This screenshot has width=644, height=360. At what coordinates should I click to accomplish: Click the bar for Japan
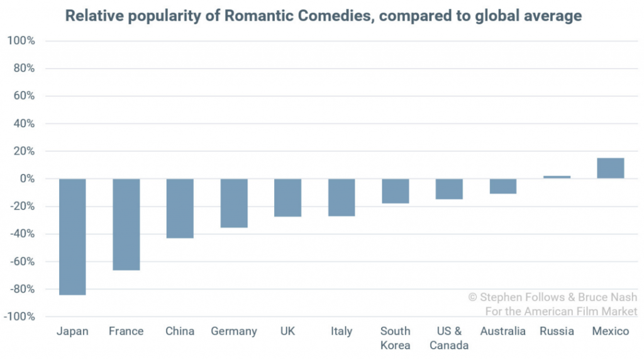[72, 237]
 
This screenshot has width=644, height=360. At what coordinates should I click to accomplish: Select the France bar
[126, 225]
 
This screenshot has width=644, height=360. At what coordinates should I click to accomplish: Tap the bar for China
[180, 208]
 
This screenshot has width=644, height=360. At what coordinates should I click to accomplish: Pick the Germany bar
[234, 203]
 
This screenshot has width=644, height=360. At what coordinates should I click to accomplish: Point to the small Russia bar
[557, 177]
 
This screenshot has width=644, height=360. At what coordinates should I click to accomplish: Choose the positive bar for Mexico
[611, 168]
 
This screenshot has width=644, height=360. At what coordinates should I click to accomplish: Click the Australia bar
[503, 186]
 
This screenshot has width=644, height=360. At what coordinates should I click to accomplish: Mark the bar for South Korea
[396, 191]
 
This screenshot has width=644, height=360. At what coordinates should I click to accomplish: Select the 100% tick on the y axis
[21, 41]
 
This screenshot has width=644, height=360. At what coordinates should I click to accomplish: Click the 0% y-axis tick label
[26, 179]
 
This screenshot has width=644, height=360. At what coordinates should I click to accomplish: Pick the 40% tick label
[23, 124]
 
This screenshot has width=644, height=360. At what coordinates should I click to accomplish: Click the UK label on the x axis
[287, 331]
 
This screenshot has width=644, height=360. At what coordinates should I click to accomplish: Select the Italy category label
[341, 331]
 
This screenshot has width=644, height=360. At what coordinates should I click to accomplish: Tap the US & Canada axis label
[449, 338]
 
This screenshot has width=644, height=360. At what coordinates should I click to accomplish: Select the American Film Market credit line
[562, 312]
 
